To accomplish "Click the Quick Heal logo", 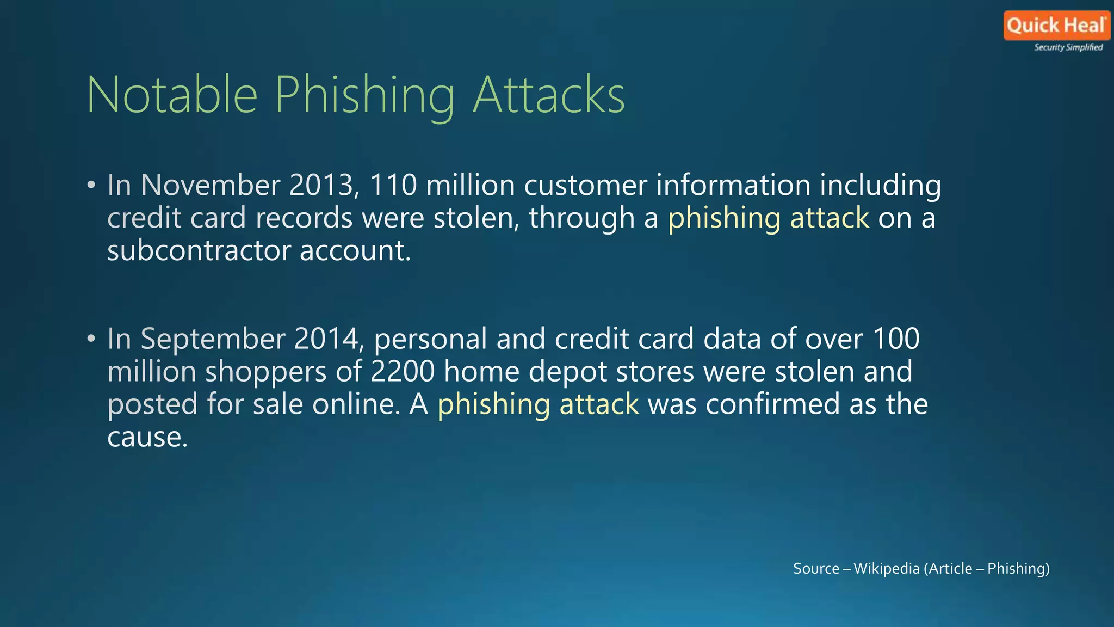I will pyautogui.click(x=1056, y=26).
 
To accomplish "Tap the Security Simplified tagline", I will pyautogui.click(x=1068, y=47).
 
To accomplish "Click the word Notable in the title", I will pyautogui.click(x=172, y=95).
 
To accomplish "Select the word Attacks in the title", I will pyautogui.click(x=549, y=95).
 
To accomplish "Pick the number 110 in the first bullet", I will pyautogui.click(x=393, y=185).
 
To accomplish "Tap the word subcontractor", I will pyautogui.click(x=199, y=250).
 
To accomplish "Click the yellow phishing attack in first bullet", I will pyautogui.click(x=768, y=218).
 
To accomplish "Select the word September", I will pyautogui.click(x=213, y=339).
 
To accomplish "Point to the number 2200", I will pyautogui.click(x=403, y=372).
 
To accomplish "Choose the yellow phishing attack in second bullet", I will pyautogui.click(x=538, y=405).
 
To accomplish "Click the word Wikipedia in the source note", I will pyautogui.click(x=886, y=569).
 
